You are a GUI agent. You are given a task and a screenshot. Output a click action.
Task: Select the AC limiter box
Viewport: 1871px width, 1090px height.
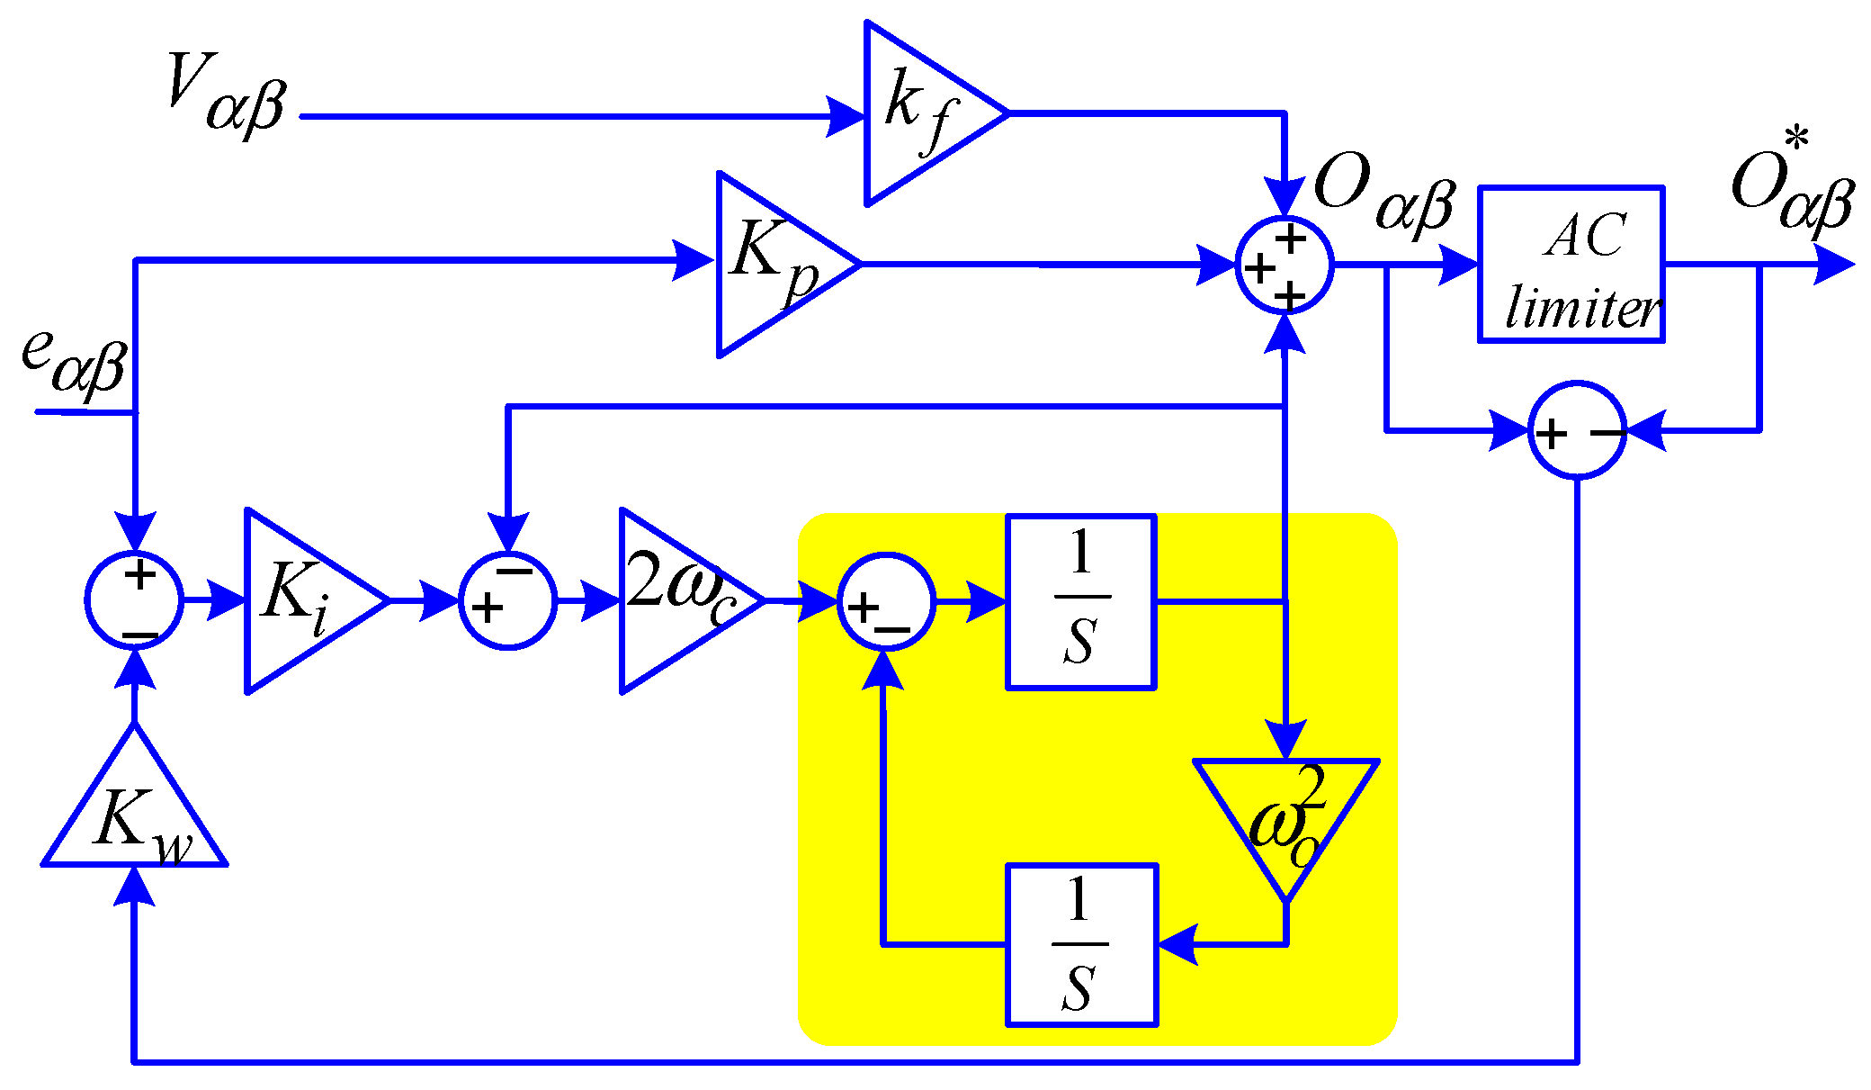1571,265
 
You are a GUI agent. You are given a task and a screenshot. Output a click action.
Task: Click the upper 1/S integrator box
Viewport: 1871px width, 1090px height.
1080,601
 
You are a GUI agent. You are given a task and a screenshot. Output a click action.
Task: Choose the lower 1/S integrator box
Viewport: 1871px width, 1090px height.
1080,944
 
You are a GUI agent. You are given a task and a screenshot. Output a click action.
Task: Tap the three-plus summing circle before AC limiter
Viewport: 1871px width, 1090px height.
1284,265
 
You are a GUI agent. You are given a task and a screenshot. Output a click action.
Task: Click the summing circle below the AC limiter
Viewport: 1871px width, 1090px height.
1577,430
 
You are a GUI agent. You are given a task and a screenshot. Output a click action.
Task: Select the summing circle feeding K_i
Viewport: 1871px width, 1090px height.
135,599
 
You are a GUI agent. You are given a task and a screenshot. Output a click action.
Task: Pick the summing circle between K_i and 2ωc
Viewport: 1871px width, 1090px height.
508,600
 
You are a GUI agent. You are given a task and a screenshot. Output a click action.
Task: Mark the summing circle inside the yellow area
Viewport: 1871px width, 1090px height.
886,601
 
